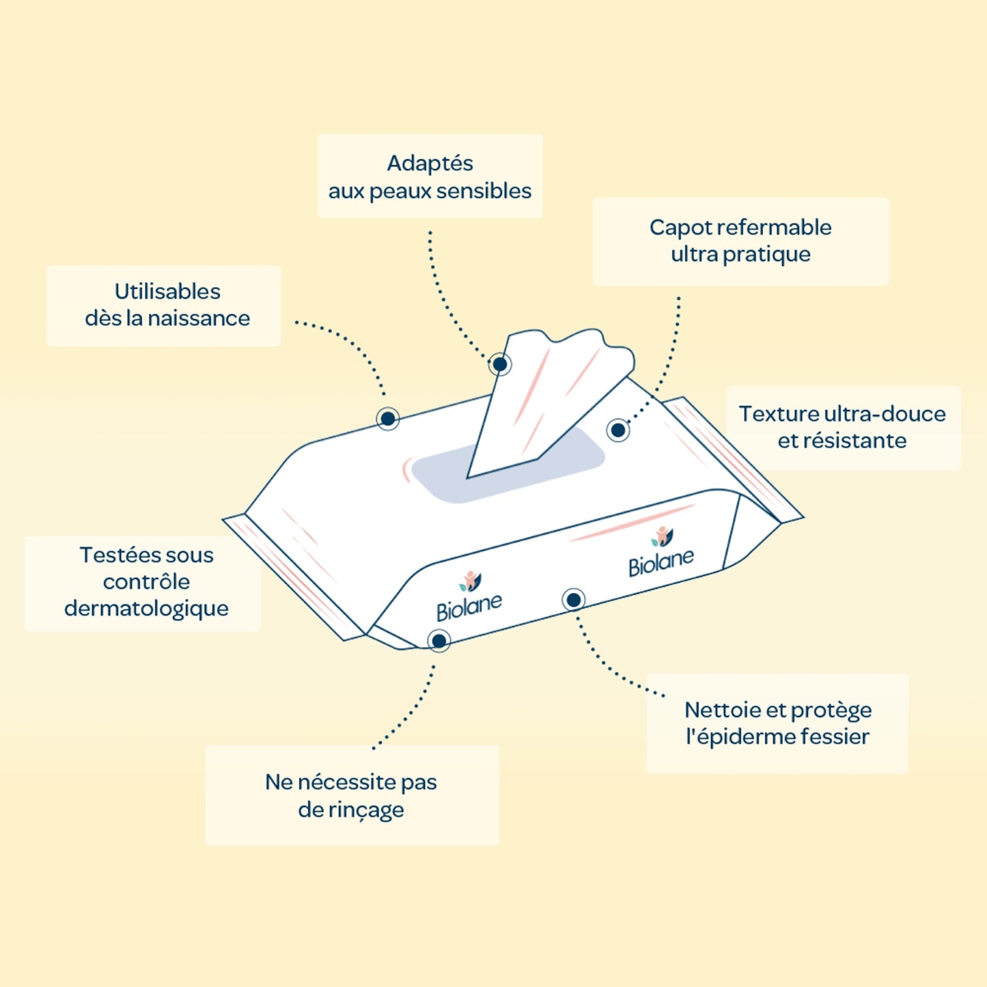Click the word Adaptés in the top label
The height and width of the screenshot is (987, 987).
coord(430,163)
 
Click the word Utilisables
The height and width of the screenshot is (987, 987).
coord(167,292)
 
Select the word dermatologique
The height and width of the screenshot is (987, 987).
coord(146,609)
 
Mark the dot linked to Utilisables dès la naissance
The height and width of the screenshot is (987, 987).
coord(388,419)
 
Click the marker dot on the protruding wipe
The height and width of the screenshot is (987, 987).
coord(500,364)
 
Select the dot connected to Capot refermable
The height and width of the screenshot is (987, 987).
coord(618,430)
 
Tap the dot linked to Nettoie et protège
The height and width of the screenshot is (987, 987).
coord(574,600)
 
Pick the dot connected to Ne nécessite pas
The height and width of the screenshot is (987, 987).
coord(439,641)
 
